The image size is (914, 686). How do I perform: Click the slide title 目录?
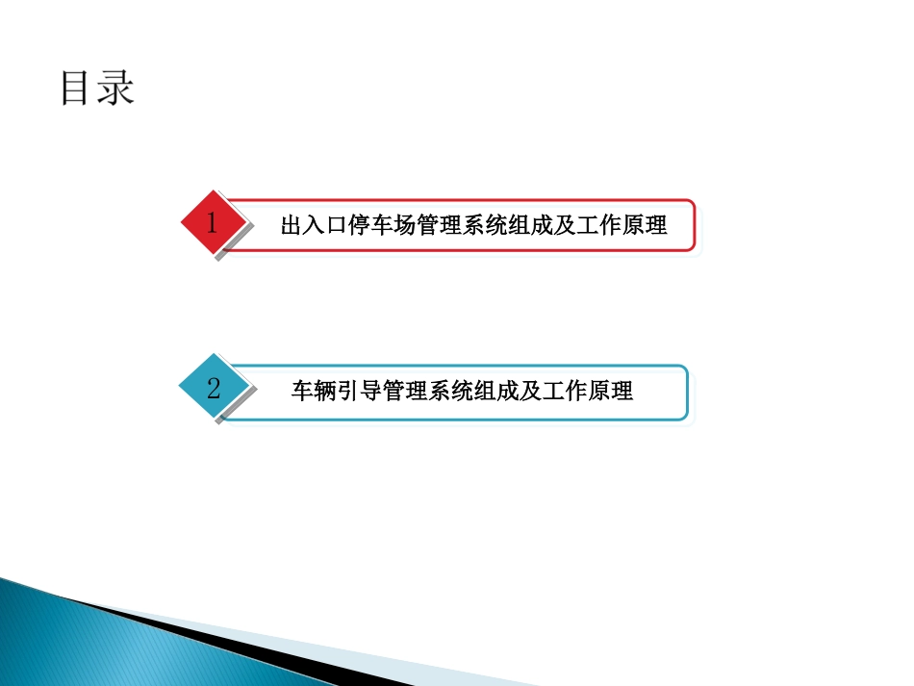[97, 88]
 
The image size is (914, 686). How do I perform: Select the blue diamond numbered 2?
[214, 388]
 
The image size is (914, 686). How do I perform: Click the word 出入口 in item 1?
[313, 227]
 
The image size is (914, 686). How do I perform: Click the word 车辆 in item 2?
[314, 392]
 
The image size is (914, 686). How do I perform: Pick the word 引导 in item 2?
[360, 392]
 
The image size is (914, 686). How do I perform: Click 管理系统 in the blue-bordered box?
[429, 392]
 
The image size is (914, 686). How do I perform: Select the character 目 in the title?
[77, 88]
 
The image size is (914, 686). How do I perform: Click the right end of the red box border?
[695, 226]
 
